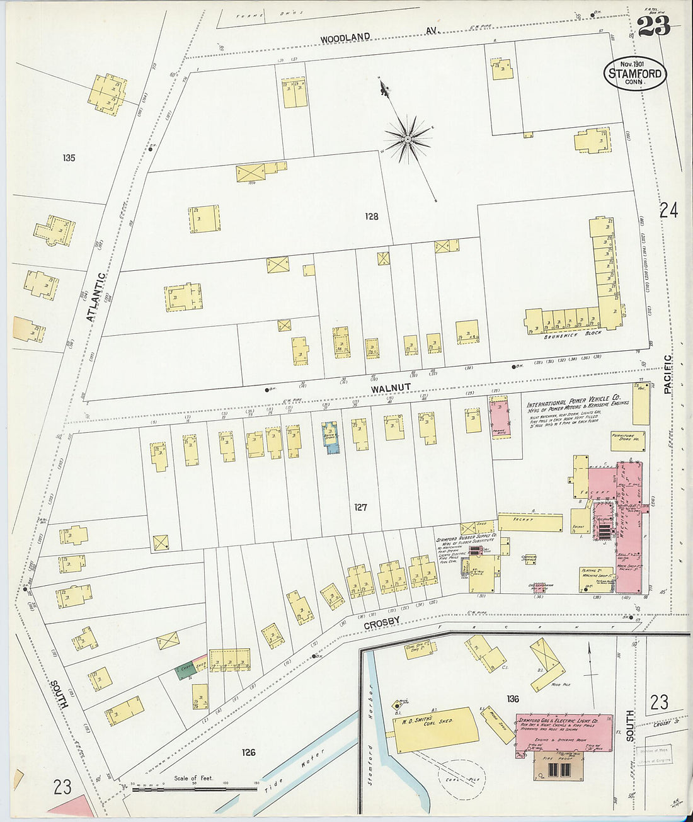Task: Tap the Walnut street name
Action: coord(391,389)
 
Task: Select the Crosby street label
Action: coord(382,622)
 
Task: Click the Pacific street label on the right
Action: coord(668,374)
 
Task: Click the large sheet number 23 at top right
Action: coord(653,26)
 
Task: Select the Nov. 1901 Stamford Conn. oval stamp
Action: coord(634,73)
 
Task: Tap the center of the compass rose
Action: coord(408,138)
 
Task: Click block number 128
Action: coord(372,217)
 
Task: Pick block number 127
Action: coord(360,507)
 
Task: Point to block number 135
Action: coord(69,157)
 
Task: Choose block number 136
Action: coord(512,699)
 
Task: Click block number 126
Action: coord(248,752)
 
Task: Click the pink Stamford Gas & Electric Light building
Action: coord(564,731)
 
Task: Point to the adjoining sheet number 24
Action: coord(668,211)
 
